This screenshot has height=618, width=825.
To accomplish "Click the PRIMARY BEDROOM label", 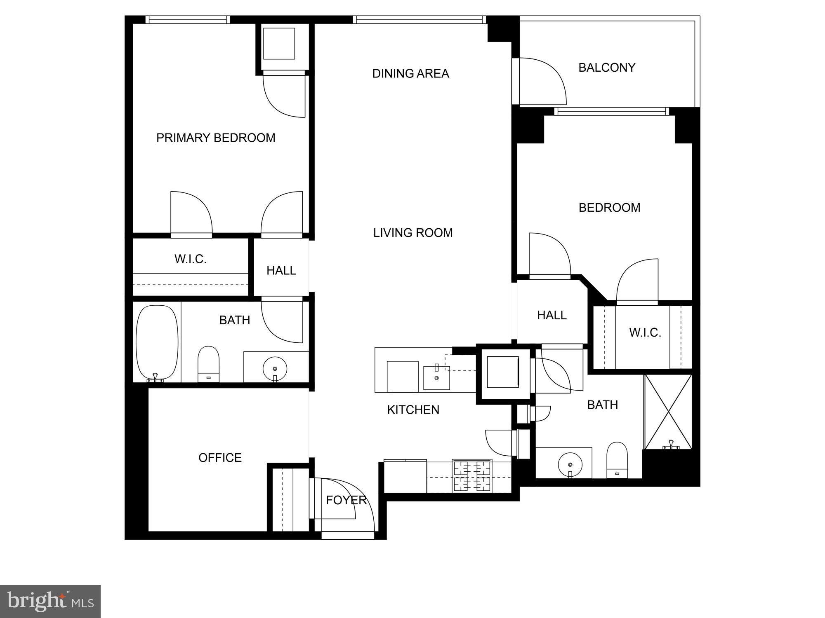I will (x=216, y=138).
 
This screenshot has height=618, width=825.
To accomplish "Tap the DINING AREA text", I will (x=410, y=73).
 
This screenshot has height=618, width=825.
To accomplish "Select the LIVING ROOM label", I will (x=413, y=233).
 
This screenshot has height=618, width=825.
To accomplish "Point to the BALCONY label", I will (x=607, y=68).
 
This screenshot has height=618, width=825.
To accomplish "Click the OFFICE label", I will (x=220, y=458).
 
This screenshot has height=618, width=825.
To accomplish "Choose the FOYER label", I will (x=346, y=500).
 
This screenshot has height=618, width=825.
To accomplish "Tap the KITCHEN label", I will (x=413, y=410).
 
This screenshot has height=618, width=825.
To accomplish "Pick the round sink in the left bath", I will (x=275, y=369).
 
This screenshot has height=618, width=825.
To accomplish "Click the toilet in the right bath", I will (x=617, y=460).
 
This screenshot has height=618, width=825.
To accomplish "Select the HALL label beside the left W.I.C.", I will (x=281, y=271).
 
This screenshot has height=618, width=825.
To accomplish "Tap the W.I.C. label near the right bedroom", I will (x=645, y=332).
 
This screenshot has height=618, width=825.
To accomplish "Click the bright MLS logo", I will (x=50, y=601).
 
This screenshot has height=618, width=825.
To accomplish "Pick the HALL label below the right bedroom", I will (x=552, y=315).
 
